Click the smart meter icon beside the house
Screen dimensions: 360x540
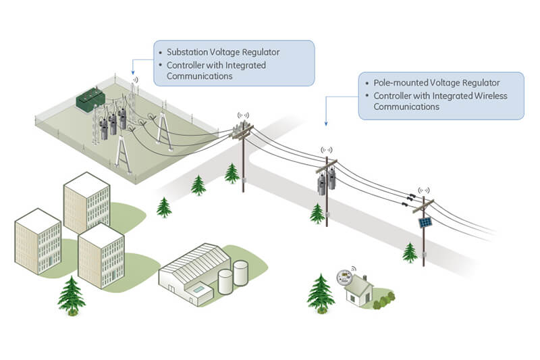click(345, 277)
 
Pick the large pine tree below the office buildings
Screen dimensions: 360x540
click(71, 295)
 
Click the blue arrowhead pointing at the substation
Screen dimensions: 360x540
click(133, 72)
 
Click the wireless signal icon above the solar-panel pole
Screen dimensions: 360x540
click(424, 191)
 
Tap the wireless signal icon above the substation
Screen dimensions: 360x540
click(134, 80)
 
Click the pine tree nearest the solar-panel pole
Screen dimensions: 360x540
click(409, 252)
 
